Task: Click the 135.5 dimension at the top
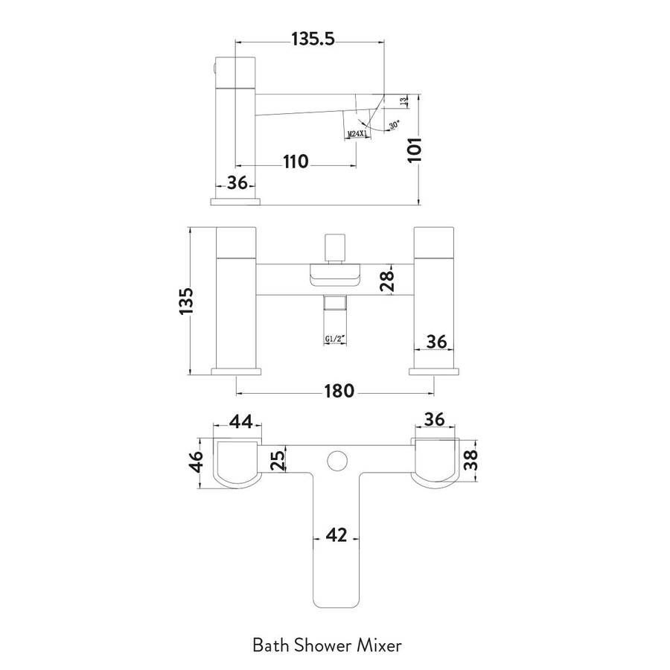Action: point(313,39)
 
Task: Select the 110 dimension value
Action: point(296,162)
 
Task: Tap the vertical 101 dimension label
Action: point(415,150)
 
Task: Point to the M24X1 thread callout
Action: point(357,134)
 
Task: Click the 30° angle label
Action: point(394,125)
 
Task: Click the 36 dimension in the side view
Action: point(237,183)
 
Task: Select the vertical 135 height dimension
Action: point(186,301)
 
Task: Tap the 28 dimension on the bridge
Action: point(388,281)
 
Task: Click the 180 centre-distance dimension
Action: point(339,391)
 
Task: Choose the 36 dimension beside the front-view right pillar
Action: point(437,342)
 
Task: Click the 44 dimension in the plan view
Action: point(241,422)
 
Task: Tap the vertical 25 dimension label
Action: point(278,461)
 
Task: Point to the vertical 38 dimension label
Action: point(470,461)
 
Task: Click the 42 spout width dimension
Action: point(336,535)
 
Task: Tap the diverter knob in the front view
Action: point(334,248)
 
